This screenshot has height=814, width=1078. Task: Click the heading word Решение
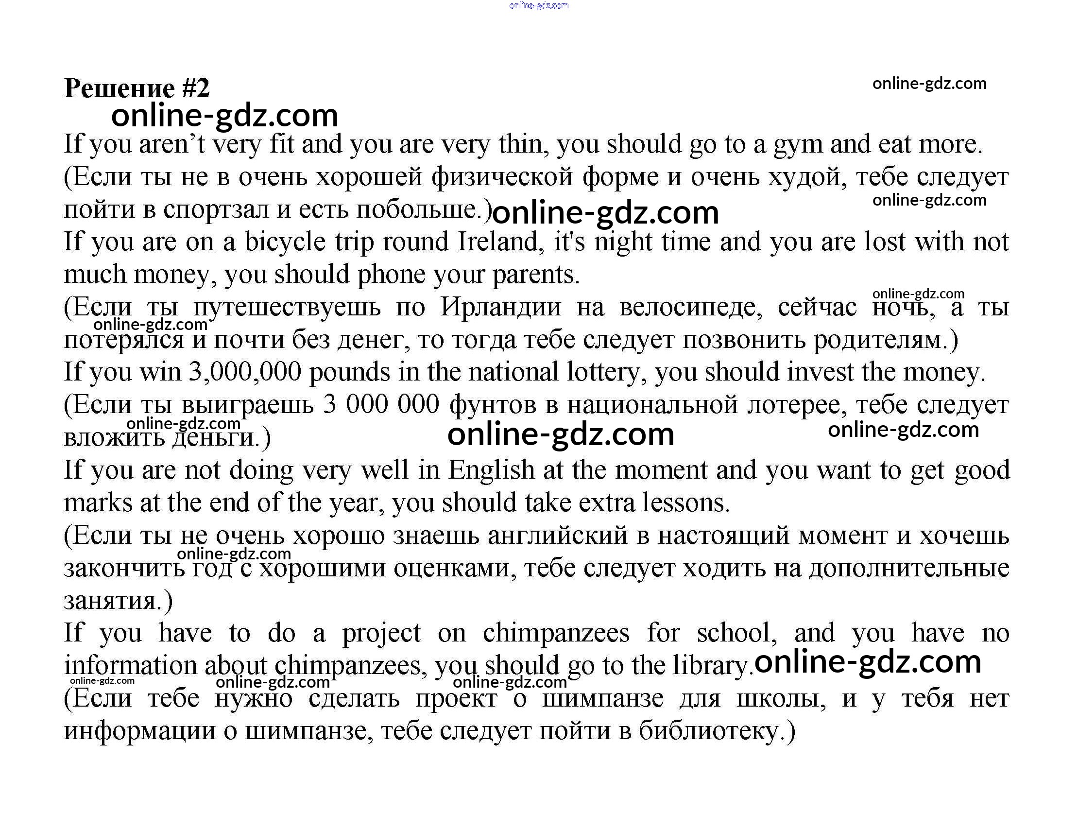(x=120, y=88)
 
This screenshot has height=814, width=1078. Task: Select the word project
(x=381, y=634)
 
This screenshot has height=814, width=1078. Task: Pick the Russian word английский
(x=558, y=536)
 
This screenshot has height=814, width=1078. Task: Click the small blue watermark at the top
(x=538, y=6)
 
